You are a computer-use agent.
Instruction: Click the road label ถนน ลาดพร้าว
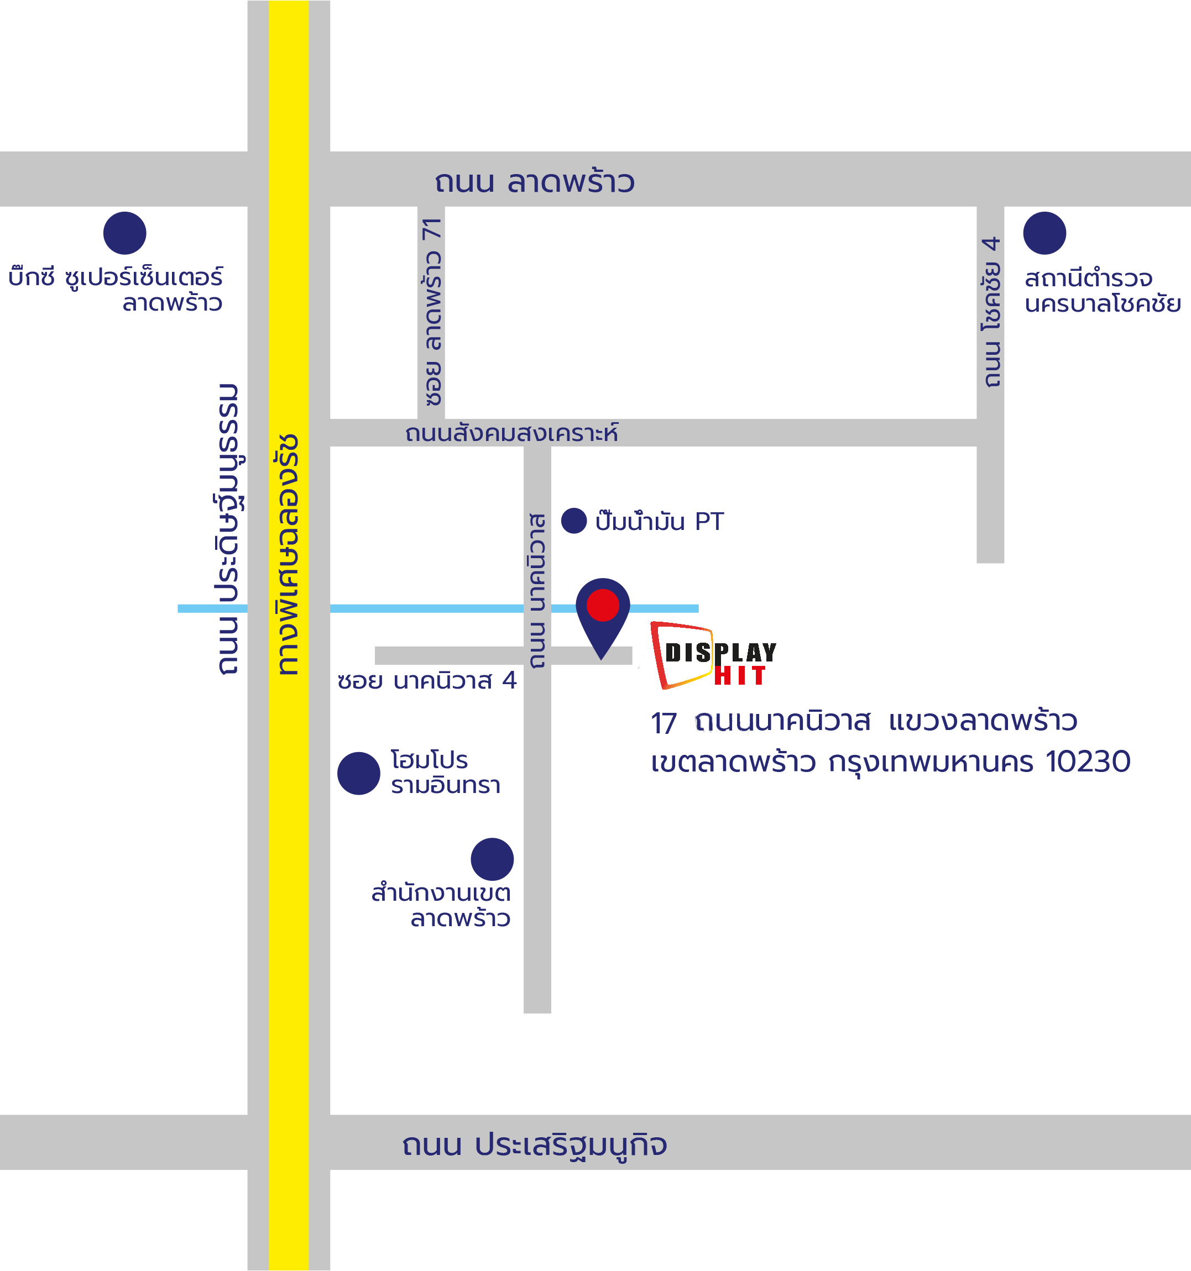coord(535,182)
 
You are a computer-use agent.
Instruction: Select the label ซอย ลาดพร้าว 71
coord(432,312)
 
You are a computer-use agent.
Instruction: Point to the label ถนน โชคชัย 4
coord(991,312)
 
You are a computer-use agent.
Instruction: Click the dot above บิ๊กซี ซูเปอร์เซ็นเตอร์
coord(125,233)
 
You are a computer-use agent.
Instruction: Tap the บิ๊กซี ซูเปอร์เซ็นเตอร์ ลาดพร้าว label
coord(116,290)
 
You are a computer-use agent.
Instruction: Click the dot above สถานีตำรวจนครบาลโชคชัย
coord(1044,233)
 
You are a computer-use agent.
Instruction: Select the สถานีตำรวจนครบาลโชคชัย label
coord(1101,291)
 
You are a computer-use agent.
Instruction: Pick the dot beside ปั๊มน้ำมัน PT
coord(574,521)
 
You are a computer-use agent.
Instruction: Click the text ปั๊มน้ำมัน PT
coord(660,522)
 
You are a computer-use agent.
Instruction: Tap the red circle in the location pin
coord(603,605)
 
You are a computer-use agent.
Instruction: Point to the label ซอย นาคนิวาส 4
coord(427,681)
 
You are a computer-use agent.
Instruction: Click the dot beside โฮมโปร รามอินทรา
coord(359,774)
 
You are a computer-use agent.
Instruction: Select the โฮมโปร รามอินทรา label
coord(445,773)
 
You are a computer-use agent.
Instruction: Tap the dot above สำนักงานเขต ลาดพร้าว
coord(492,859)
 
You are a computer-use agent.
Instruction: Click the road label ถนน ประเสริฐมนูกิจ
coord(534,1144)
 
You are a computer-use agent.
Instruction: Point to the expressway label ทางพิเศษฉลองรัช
coord(289,555)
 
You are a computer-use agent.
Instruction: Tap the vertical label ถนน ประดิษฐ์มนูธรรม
coord(228,529)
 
